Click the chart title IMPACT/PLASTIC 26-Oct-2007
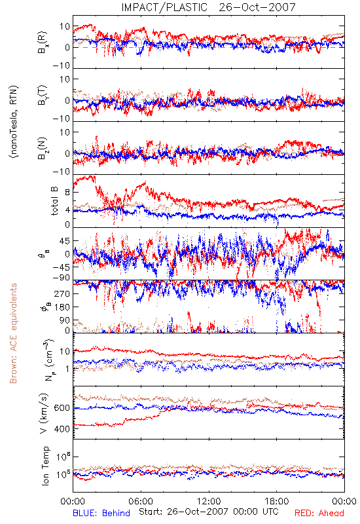208,7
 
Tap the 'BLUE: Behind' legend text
101,513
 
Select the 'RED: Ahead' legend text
319,513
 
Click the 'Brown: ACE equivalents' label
13,333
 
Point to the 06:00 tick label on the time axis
141,501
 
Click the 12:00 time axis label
209,501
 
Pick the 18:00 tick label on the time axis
277,501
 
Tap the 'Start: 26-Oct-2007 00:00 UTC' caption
208,512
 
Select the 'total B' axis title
54,201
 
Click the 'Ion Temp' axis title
45,466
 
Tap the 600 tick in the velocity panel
62,408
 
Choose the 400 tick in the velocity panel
62,429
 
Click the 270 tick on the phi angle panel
62,293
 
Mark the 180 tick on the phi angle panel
62,307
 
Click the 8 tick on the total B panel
67,193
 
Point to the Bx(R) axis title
43,43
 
